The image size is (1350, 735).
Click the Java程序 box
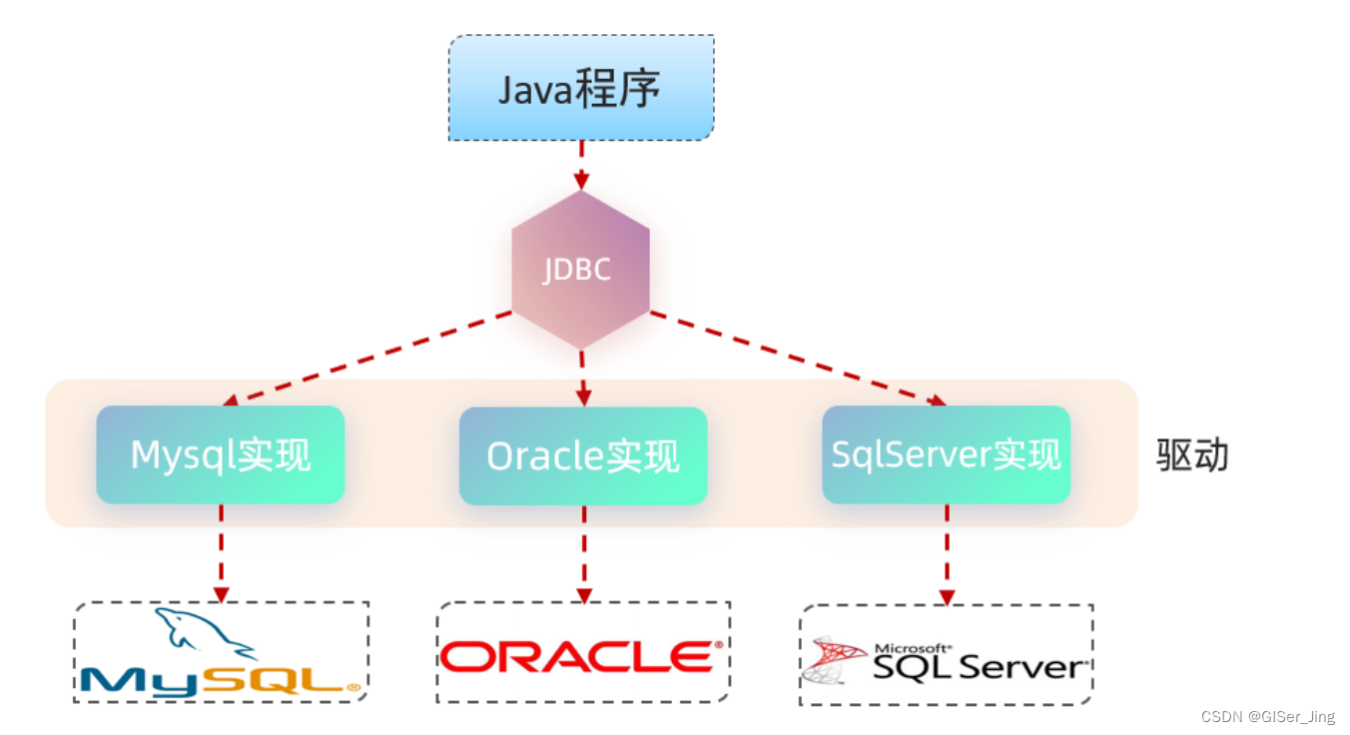pos(580,88)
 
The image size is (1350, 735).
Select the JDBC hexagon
pos(580,270)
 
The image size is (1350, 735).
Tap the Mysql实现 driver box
pos(221,454)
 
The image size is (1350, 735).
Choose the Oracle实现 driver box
pos(583,455)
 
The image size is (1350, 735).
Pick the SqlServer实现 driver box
pos(946,454)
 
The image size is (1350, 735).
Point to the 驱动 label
pos(1192,455)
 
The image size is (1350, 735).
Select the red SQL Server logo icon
pos(835,659)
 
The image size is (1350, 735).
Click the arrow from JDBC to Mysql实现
pos(369,358)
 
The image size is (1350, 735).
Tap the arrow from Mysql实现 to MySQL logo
pos(221,552)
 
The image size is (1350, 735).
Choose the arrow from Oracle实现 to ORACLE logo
pos(583,552)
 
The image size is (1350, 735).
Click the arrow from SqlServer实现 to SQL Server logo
pos(946,554)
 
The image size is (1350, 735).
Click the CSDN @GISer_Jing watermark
pos(1267,717)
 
